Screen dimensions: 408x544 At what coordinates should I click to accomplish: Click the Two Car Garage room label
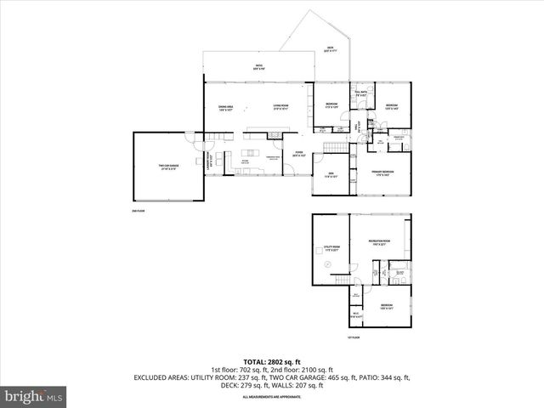pos(167,167)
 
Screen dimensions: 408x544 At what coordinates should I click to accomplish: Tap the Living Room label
pos(281,107)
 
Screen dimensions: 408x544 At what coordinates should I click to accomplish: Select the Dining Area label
pos(225,107)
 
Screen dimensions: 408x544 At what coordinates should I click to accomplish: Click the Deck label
pos(330,48)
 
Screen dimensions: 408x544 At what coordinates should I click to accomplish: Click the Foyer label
pos(298,156)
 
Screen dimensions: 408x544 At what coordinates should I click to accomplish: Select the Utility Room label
pos(331,250)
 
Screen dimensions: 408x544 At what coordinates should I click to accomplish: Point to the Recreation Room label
pos(378,243)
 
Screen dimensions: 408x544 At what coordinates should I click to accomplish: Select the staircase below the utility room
pos(343,280)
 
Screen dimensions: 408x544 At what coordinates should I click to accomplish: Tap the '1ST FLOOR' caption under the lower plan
pos(354,337)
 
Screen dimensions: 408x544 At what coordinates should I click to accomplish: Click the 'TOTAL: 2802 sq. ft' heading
pos(271,361)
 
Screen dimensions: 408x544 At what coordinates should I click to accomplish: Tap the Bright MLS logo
pos(34,396)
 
